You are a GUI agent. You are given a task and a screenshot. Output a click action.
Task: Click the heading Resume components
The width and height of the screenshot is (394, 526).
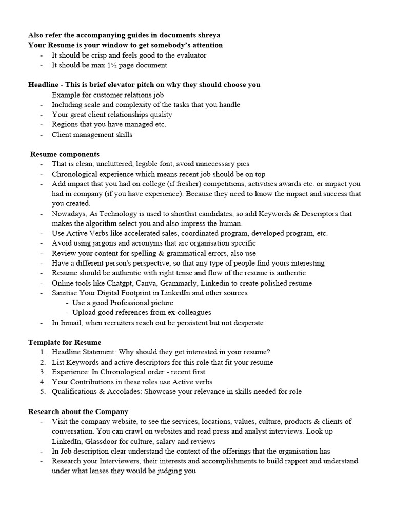point(65,154)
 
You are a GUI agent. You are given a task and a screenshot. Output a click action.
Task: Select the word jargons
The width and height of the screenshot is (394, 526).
point(102,243)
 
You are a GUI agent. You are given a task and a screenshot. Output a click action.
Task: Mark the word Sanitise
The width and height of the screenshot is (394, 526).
point(66,293)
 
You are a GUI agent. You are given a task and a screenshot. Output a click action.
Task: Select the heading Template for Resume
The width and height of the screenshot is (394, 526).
point(65,342)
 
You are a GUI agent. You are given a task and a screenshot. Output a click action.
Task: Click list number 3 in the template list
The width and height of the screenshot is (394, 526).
point(43,372)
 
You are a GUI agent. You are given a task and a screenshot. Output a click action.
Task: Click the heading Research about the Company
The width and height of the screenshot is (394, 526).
point(78,411)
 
